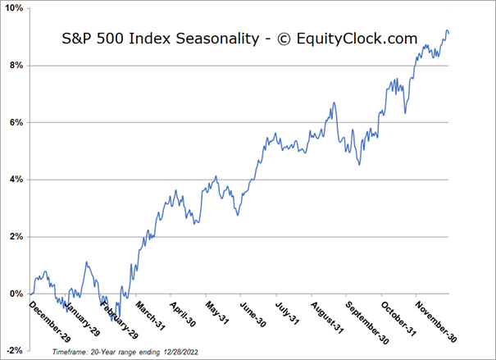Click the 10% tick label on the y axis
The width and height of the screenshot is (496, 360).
pyautogui.click(x=13, y=8)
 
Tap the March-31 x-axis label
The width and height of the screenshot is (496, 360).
pyautogui.click(x=152, y=315)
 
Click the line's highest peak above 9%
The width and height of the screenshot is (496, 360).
pyautogui.click(x=446, y=31)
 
